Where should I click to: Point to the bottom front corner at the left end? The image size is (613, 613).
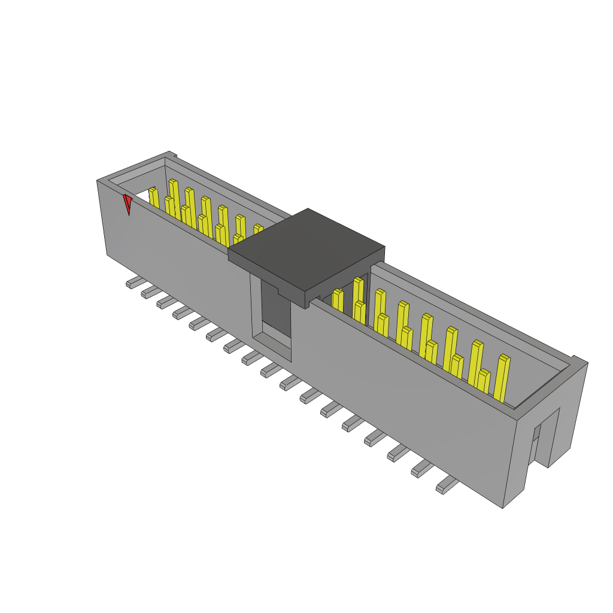108,255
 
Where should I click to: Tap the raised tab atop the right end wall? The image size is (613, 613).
578,360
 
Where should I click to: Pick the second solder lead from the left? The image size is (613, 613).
148,292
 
